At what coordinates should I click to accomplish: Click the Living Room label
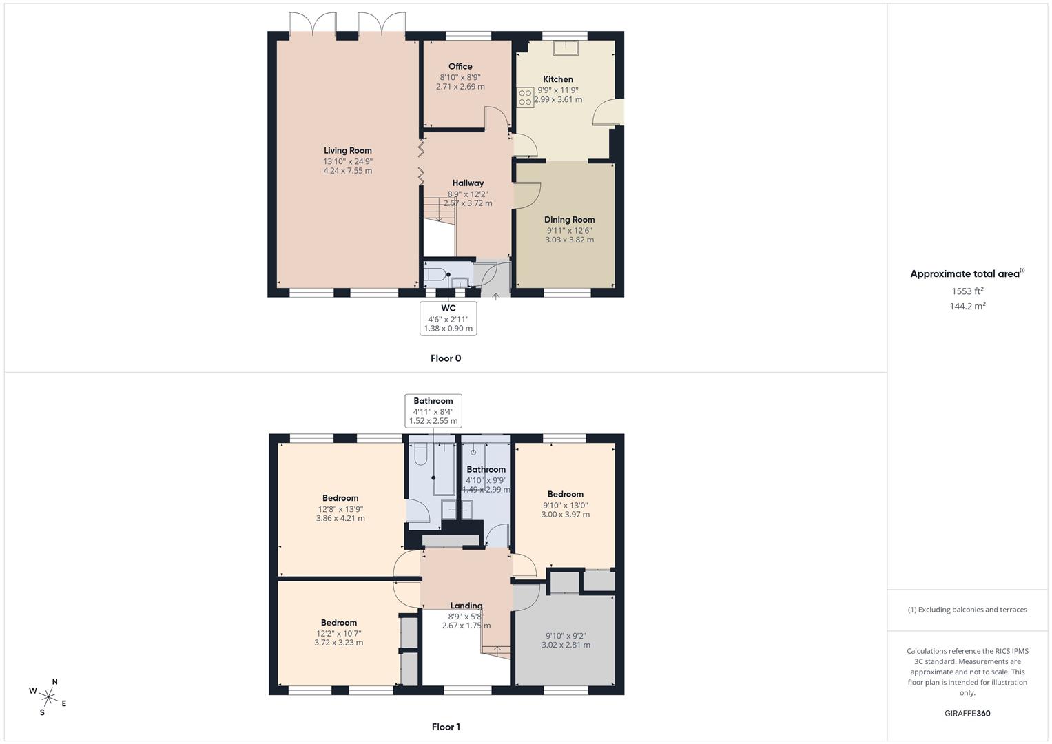(x=348, y=151)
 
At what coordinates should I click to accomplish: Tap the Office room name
(x=460, y=67)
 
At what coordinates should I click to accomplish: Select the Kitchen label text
(x=558, y=79)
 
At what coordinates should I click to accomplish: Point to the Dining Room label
(x=569, y=220)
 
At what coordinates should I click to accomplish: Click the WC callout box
(x=448, y=318)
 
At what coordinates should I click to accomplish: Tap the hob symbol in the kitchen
(x=525, y=97)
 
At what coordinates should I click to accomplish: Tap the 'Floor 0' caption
(x=446, y=358)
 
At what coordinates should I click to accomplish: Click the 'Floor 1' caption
(x=446, y=727)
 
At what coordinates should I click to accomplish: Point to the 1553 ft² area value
(x=967, y=291)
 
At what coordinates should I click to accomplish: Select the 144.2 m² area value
(x=967, y=307)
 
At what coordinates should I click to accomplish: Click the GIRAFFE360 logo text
(x=967, y=714)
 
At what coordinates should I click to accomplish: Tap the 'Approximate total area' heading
(x=966, y=273)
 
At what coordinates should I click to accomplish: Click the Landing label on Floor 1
(x=466, y=606)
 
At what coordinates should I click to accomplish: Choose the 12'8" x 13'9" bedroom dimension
(x=340, y=509)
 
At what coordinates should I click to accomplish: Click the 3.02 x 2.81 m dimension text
(x=566, y=645)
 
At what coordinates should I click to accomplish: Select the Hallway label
(x=468, y=183)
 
